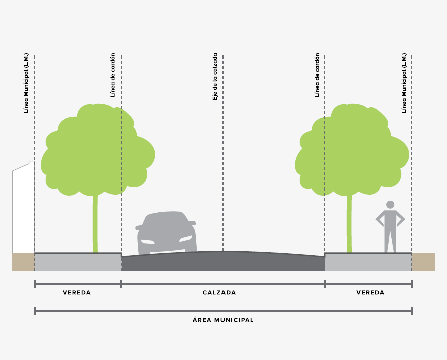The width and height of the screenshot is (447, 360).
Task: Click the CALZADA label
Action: [219, 292]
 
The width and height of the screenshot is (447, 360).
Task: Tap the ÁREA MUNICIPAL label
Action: [223, 320]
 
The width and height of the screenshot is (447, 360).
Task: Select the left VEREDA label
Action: [77, 292]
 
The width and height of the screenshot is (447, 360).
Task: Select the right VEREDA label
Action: [370, 292]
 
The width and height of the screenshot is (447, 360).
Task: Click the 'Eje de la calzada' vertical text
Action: [215, 77]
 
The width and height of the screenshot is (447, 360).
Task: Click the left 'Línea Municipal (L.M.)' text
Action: [26, 83]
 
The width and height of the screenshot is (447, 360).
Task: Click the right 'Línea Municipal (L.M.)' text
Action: [404, 83]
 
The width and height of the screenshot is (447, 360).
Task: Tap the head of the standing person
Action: [390, 205]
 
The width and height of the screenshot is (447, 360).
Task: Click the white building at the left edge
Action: [23, 211]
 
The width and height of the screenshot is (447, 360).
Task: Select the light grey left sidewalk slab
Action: [78, 262]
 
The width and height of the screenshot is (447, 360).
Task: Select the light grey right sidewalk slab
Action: [368, 262]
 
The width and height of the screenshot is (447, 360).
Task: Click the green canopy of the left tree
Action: [95, 150]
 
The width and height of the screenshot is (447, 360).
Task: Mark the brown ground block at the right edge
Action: [423, 262]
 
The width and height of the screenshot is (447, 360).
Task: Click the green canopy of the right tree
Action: [351, 150]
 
